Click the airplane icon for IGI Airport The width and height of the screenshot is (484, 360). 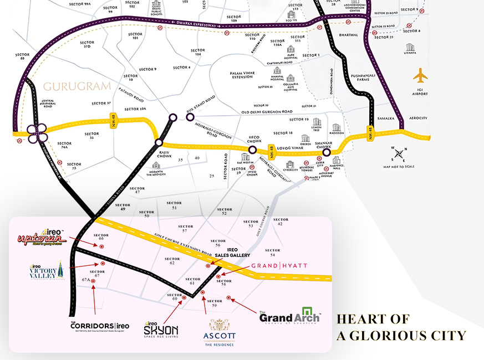click(x=421, y=75)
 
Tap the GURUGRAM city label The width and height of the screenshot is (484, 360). click(x=77, y=87)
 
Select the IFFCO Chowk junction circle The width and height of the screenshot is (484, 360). click(x=252, y=150)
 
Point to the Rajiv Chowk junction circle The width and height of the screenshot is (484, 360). click(x=160, y=142)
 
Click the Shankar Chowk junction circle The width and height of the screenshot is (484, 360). click(x=327, y=152)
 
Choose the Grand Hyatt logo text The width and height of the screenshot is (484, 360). click(x=279, y=266)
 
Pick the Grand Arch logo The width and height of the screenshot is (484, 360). click(x=290, y=315)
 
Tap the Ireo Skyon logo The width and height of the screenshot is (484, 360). click(x=161, y=328)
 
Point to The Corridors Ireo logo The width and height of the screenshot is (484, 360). click(x=100, y=326)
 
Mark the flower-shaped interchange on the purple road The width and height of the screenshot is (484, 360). click(x=36, y=133)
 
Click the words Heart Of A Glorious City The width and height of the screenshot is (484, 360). click(x=401, y=327)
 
